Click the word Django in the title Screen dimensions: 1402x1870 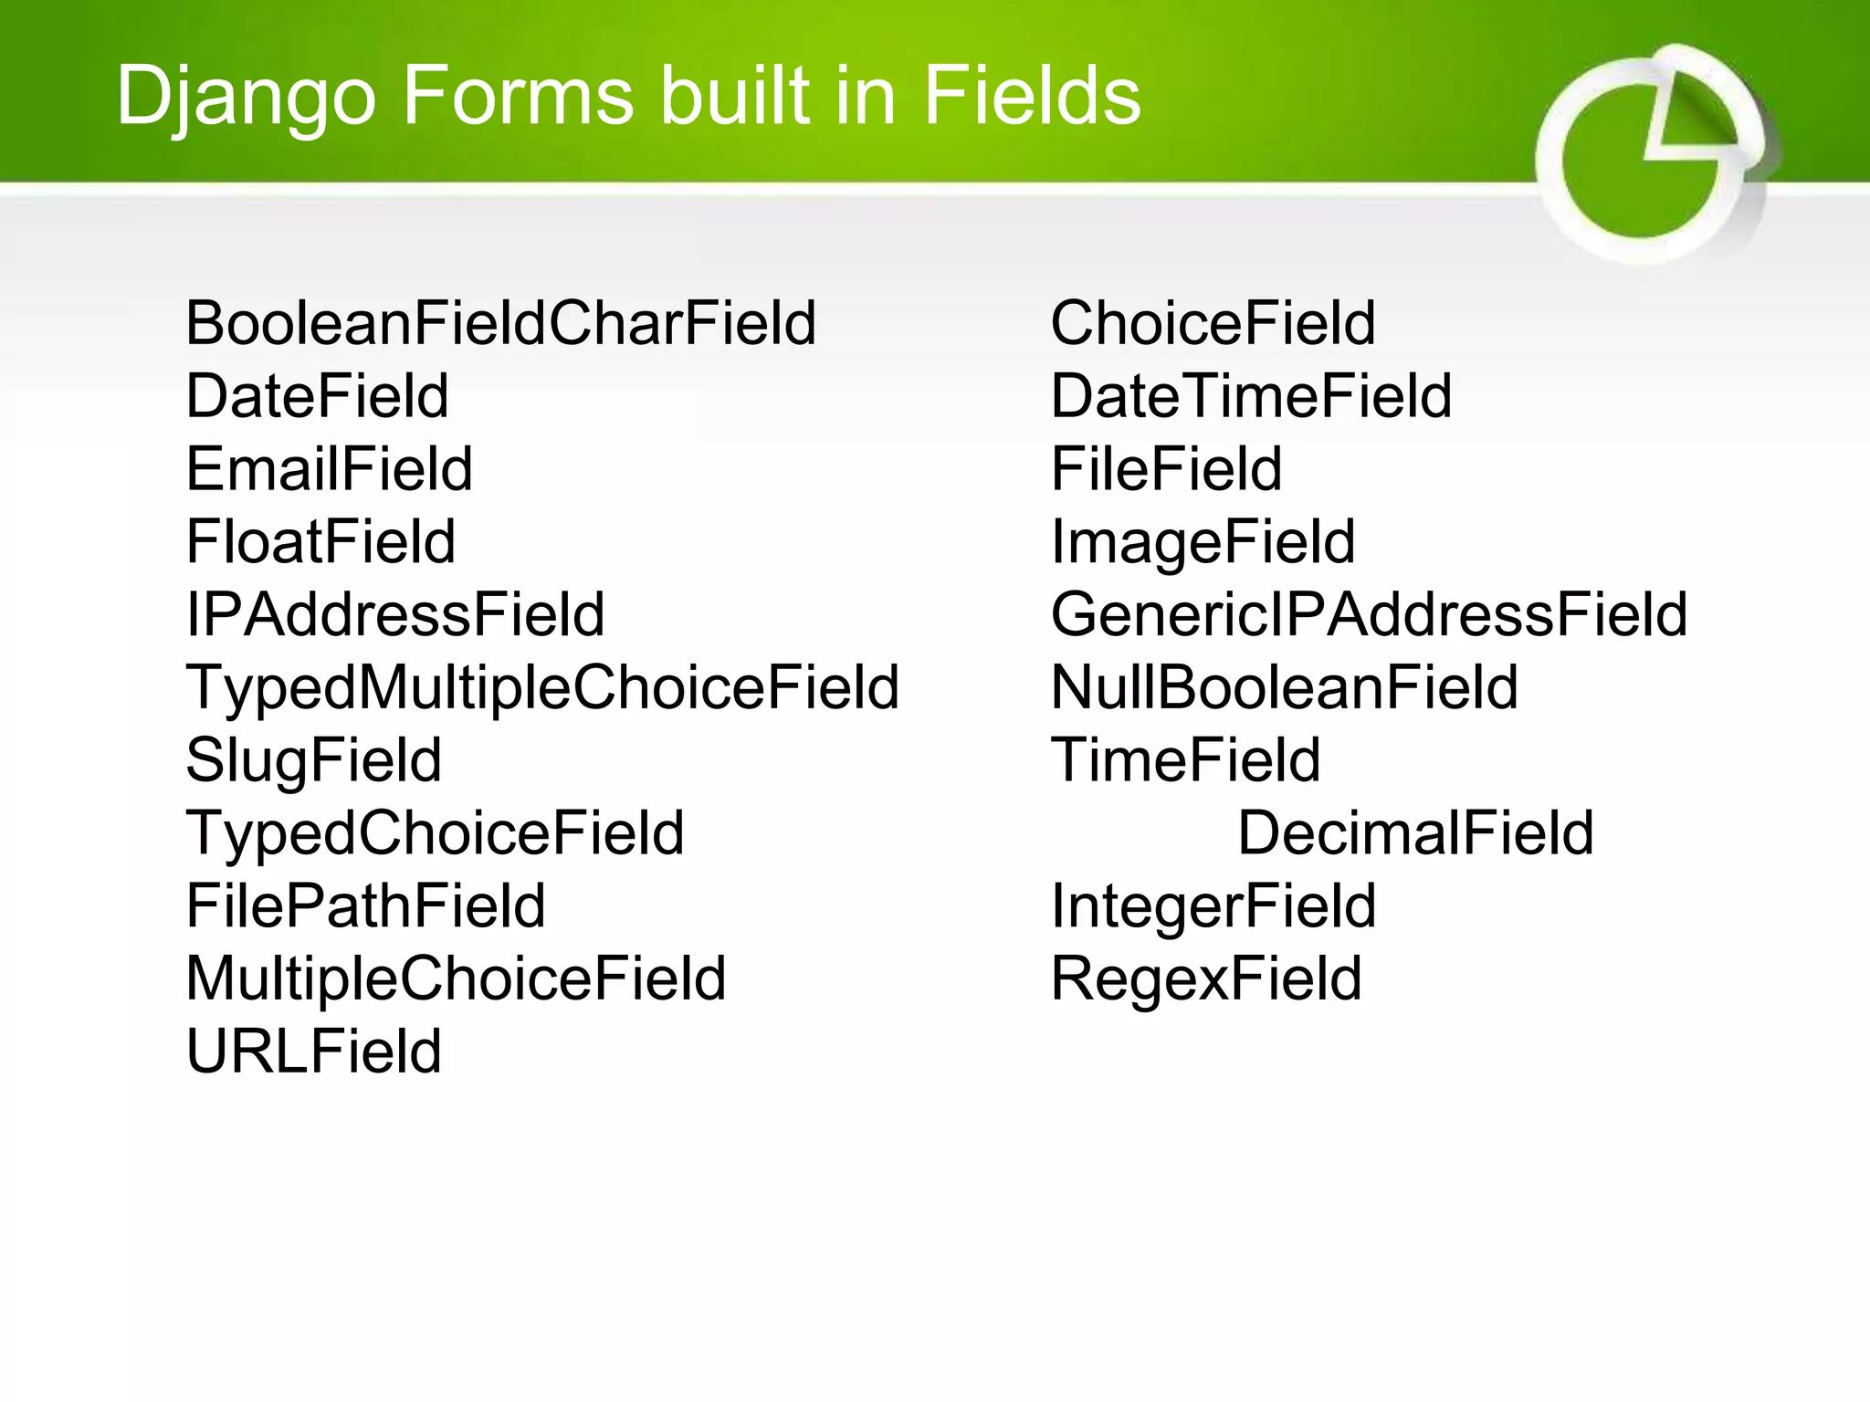(x=247, y=96)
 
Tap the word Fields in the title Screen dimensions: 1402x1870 (x=1032, y=95)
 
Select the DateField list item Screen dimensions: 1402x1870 (x=317, y=396)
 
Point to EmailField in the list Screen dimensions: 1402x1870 (x=329, y=469)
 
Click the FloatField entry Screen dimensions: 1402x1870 (x=320, y=542)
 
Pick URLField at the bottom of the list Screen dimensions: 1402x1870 (x=313, y=1051)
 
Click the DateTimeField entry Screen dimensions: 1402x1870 (x=1251, y=396)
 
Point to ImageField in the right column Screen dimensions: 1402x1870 (x=1203, y=542)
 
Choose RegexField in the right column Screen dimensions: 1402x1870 (x=1205, y=979)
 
